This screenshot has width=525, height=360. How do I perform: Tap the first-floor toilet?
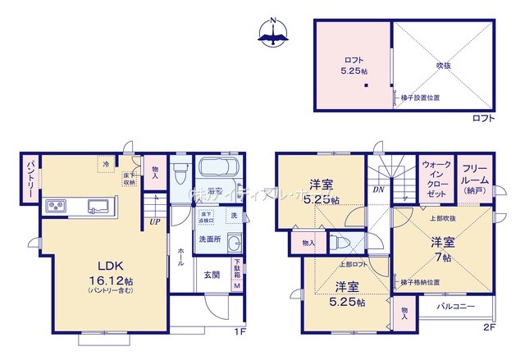point(181,174)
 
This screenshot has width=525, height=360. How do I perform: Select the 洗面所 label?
point(210,239)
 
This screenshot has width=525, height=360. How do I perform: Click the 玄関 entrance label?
point(211,276)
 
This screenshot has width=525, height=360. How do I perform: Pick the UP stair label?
point(154,221)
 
